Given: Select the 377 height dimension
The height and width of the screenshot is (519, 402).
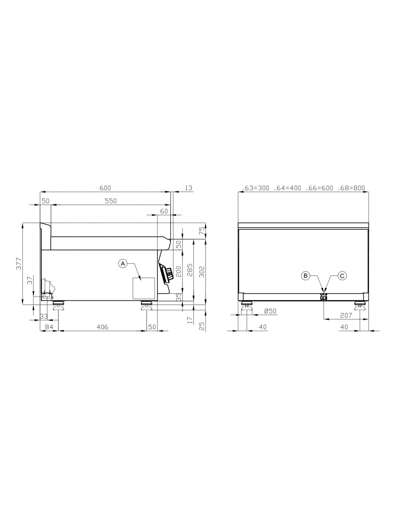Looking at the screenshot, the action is (x=19, y=264).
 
